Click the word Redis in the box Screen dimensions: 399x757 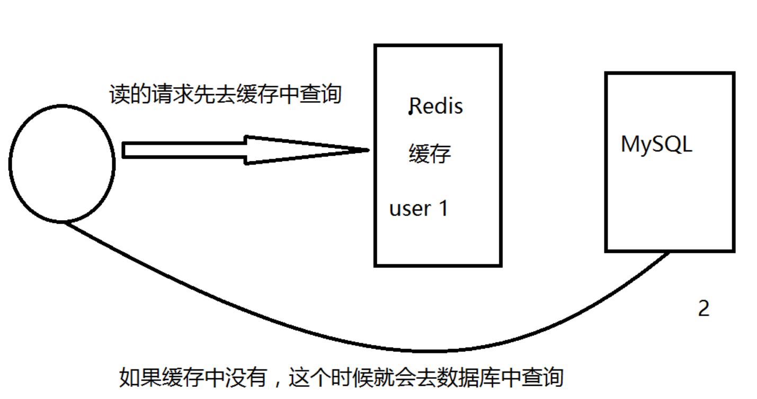(x=437, y=106)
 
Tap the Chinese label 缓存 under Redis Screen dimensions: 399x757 (x=430, y=154)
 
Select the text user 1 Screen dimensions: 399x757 (x=418, y=208)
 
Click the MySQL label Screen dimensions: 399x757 (x=656, y=144)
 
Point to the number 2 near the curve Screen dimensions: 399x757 (x=703, y=309)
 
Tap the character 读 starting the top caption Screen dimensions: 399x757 (x=118, y=95)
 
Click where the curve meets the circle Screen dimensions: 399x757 (x=67, y=222)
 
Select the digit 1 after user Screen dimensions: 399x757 (x=443, y=208)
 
